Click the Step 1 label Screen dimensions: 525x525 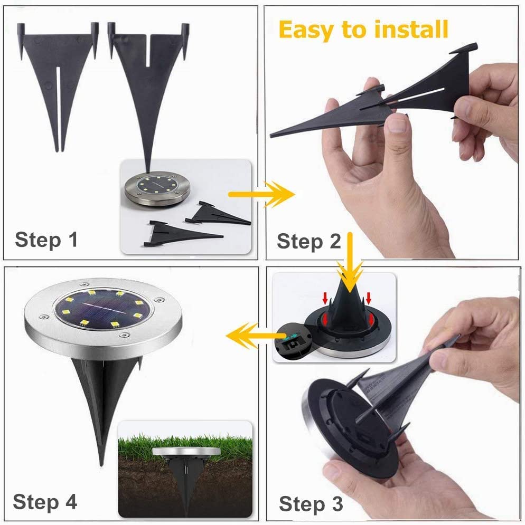pos(46,240)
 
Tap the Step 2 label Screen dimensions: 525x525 pos(308,242)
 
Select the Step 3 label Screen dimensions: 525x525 pos(311,504)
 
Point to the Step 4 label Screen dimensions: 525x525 pos(45,502)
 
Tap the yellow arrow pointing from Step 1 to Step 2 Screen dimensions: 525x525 pos(261,195)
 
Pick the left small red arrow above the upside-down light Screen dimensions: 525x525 pos(325,297)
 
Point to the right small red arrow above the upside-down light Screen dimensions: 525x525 pos(369,297)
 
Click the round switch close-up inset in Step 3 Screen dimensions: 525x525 pos(292,341)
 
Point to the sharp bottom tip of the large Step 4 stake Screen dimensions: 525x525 pos(101,465)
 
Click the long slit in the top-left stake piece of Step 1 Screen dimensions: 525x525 pos(58,108)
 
